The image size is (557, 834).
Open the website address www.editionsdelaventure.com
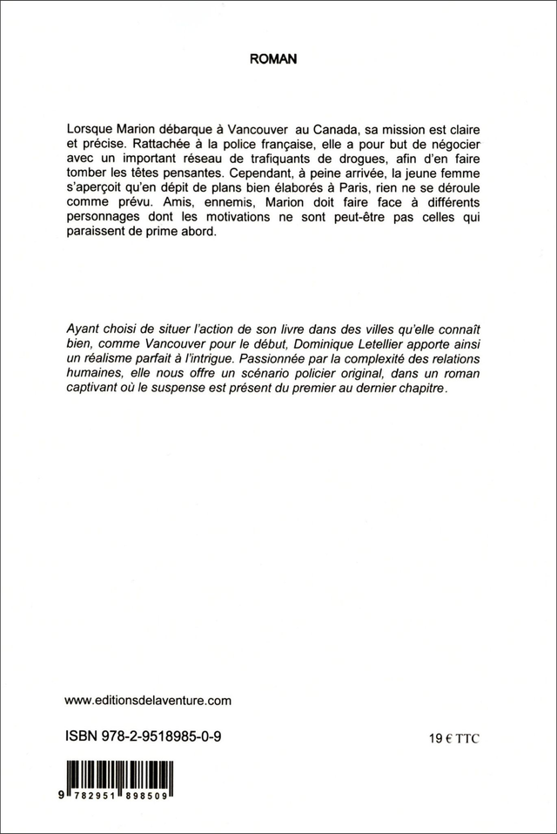pos(149,699)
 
